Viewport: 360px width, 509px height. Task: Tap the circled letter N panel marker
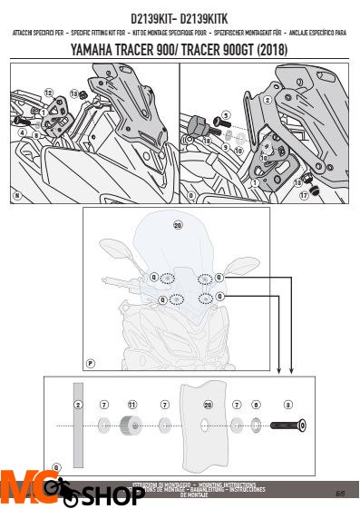point(16,195)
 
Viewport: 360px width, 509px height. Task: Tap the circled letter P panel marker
point(90,363)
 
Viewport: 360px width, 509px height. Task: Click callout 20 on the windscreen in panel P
point(178,224)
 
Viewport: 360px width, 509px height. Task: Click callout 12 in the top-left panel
point(48,93)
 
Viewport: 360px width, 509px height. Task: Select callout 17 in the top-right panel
point(304,192)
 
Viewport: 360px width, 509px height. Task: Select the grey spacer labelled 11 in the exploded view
point(131,425)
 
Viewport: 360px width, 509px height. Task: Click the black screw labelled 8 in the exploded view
point(289,424)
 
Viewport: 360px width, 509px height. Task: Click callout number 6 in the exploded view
point(257,404)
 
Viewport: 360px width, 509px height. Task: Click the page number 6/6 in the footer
point(340,494)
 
